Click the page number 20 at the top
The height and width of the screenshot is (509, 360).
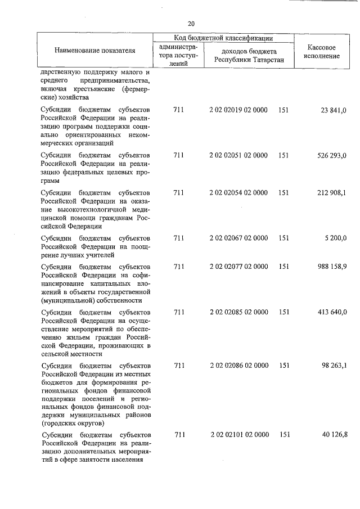click(191, 24)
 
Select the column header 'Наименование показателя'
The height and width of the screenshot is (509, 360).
click(95, 51)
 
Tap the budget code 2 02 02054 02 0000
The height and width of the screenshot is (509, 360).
click(238, 193)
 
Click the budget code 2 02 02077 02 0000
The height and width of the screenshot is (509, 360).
click(238, 267)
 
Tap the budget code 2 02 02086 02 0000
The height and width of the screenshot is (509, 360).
click(238, 366)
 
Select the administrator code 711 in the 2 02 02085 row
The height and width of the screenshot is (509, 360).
click(179, 312)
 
